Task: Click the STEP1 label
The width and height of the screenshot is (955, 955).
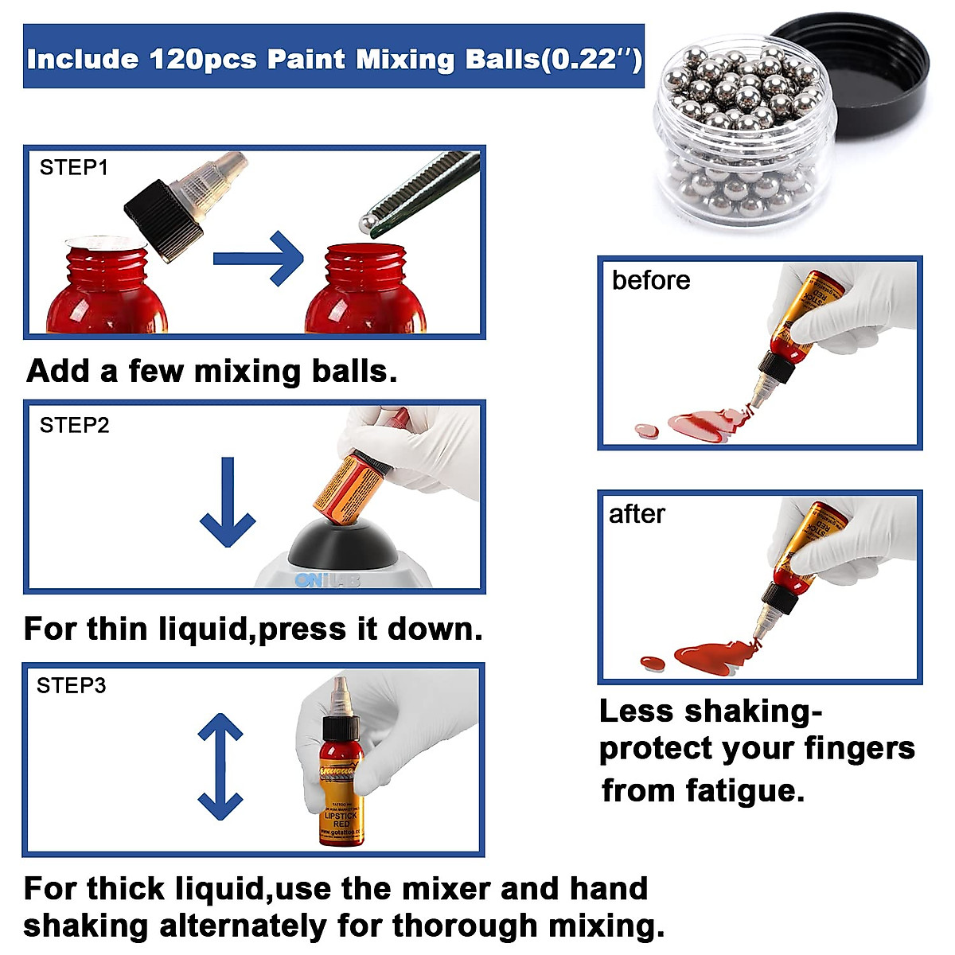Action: [x=73, y=168]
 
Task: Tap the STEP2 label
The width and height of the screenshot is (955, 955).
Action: [x=74, y=426]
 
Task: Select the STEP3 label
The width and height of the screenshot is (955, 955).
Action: [x=71, y=686]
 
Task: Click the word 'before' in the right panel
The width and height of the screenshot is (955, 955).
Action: [x=651, y=281]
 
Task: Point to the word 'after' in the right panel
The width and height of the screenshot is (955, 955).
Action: [x=637, y=515]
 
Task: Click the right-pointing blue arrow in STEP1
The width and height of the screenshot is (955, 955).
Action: [x=259, y=258]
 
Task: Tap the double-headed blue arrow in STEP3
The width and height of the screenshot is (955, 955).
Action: [x=220, y=766]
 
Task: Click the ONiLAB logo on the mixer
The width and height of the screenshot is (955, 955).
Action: [x=327, y=580]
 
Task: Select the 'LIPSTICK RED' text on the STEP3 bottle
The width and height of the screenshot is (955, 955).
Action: [x=341, y=820]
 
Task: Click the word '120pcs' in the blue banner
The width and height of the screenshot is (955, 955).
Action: [x=203, y=59]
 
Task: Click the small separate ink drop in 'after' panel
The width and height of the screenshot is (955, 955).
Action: [x=652, y=663]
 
